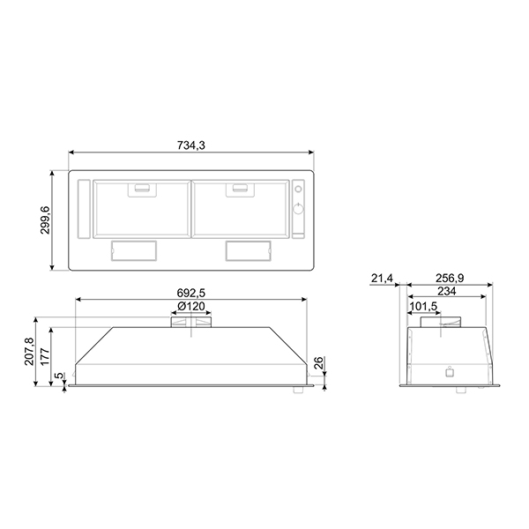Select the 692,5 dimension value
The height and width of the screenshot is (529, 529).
[x=190, y=291]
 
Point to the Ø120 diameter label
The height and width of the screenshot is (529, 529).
[x=190, y=305]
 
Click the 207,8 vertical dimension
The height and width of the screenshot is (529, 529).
[x=29, y=351]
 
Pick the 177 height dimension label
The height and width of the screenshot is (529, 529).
[x=45, y=354]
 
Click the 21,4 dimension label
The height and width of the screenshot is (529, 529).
[x=382, y=279]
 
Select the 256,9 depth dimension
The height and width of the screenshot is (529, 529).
[x=451, y=279]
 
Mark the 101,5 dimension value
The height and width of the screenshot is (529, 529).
[x=424, y=306]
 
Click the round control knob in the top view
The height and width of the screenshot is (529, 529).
[x=297, y=208]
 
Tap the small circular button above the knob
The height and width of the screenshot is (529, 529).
[x=297, y=189]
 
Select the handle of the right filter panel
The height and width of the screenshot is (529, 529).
[x=238, y=187]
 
